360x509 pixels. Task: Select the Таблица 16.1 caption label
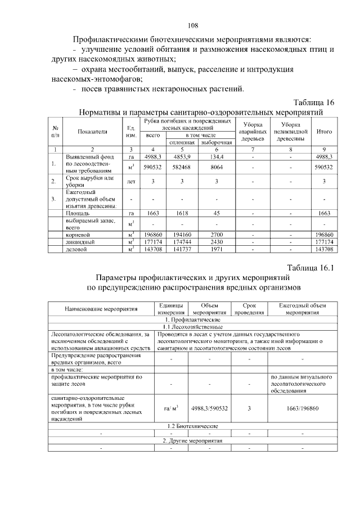310,268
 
